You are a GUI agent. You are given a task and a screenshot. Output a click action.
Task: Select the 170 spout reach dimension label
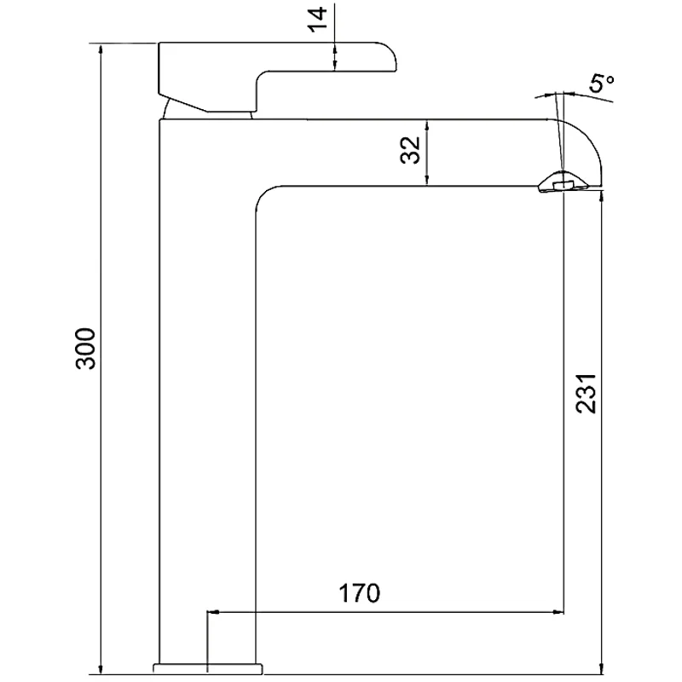point(359,592)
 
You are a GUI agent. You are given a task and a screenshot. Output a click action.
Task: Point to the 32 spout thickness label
point(411,150)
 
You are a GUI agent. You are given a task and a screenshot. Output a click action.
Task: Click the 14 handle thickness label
point(318,19)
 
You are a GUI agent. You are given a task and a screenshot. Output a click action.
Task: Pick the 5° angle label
point(602,84)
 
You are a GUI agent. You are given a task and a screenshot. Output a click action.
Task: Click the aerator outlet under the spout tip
point(560,184)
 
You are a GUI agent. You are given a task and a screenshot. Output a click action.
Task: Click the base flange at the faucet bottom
point(208,666)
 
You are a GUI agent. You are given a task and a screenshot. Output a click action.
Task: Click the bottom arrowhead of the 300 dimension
point(101,667)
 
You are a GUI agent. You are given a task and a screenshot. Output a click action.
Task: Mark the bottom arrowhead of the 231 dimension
point(603,667)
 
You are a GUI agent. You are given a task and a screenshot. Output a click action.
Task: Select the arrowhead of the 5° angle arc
point(573,93)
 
